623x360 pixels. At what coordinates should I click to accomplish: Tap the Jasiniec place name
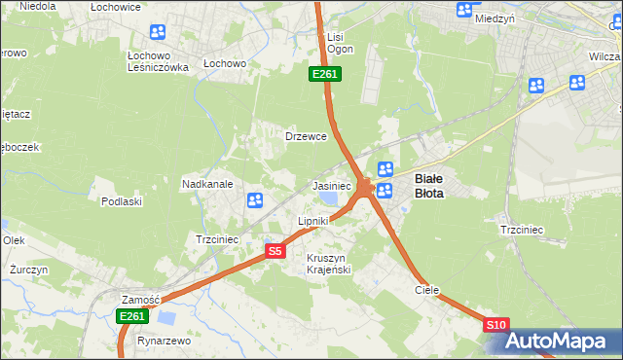(331, 185)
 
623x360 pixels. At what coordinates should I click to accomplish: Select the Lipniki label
(312, 222)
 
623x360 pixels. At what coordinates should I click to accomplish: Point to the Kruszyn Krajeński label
(328, 263)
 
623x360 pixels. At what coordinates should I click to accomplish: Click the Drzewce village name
(305, 136)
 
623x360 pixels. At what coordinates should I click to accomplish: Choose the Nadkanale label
(206, 184)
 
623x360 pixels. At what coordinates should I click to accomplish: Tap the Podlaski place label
(122, 201)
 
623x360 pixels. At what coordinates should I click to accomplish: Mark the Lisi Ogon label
(340, 43)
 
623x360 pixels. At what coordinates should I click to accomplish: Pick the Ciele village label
(426, 290)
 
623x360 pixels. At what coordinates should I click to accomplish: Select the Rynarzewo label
(163, 342)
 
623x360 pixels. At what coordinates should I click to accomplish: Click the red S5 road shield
(275, 251)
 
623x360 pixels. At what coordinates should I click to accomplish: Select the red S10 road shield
(495, 324)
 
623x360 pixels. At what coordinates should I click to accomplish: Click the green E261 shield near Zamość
(131, 316)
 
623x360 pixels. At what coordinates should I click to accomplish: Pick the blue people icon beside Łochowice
(158, 31)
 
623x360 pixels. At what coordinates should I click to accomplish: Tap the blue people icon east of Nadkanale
(255, 200)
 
